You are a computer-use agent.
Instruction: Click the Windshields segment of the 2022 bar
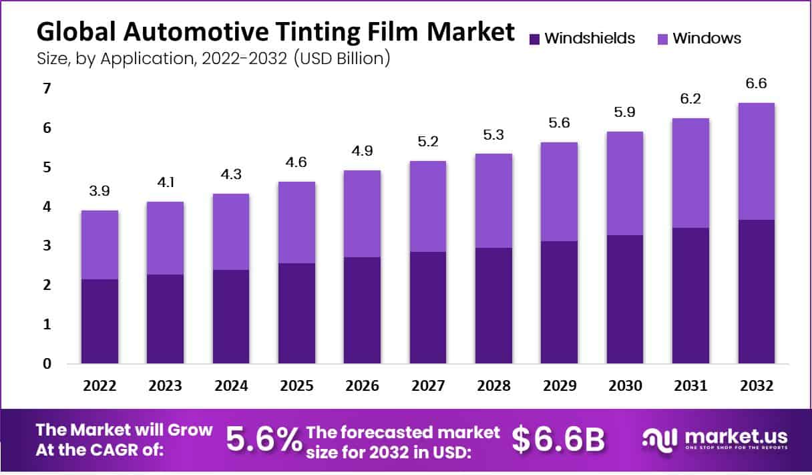click(x=99, y=321)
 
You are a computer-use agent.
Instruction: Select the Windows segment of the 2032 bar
click(x=756, y=161)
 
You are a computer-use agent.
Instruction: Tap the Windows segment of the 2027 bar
click(x=427, y=206)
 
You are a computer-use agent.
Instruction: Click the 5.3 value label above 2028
click(x=493, y=136)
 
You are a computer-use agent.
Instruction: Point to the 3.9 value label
click(x=99, y=192)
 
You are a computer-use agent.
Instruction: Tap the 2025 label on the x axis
click(x=296, y=386)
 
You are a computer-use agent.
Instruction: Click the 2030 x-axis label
click(x=625, y=386)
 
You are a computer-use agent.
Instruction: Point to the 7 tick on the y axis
click(x=47, y=89)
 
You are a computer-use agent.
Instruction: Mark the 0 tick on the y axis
click(x=47, y=364)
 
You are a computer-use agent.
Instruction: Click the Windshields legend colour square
click(x=534, y=39)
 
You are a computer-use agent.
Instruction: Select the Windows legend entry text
click(x=706, y=38)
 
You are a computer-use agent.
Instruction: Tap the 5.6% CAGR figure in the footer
click(x=263, y=439)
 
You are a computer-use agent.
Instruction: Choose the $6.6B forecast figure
click(x=558, y=439)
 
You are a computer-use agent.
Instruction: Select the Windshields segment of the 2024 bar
click(x=230, y=317)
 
